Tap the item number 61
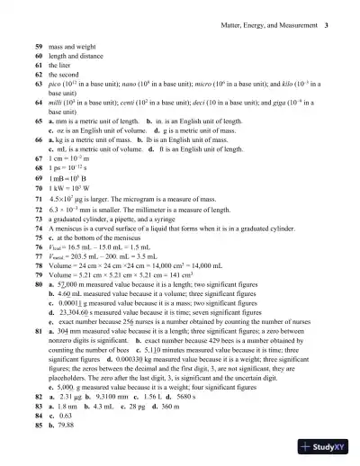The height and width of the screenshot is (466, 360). (39, 65)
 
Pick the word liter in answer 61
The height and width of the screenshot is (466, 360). (66, 65)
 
